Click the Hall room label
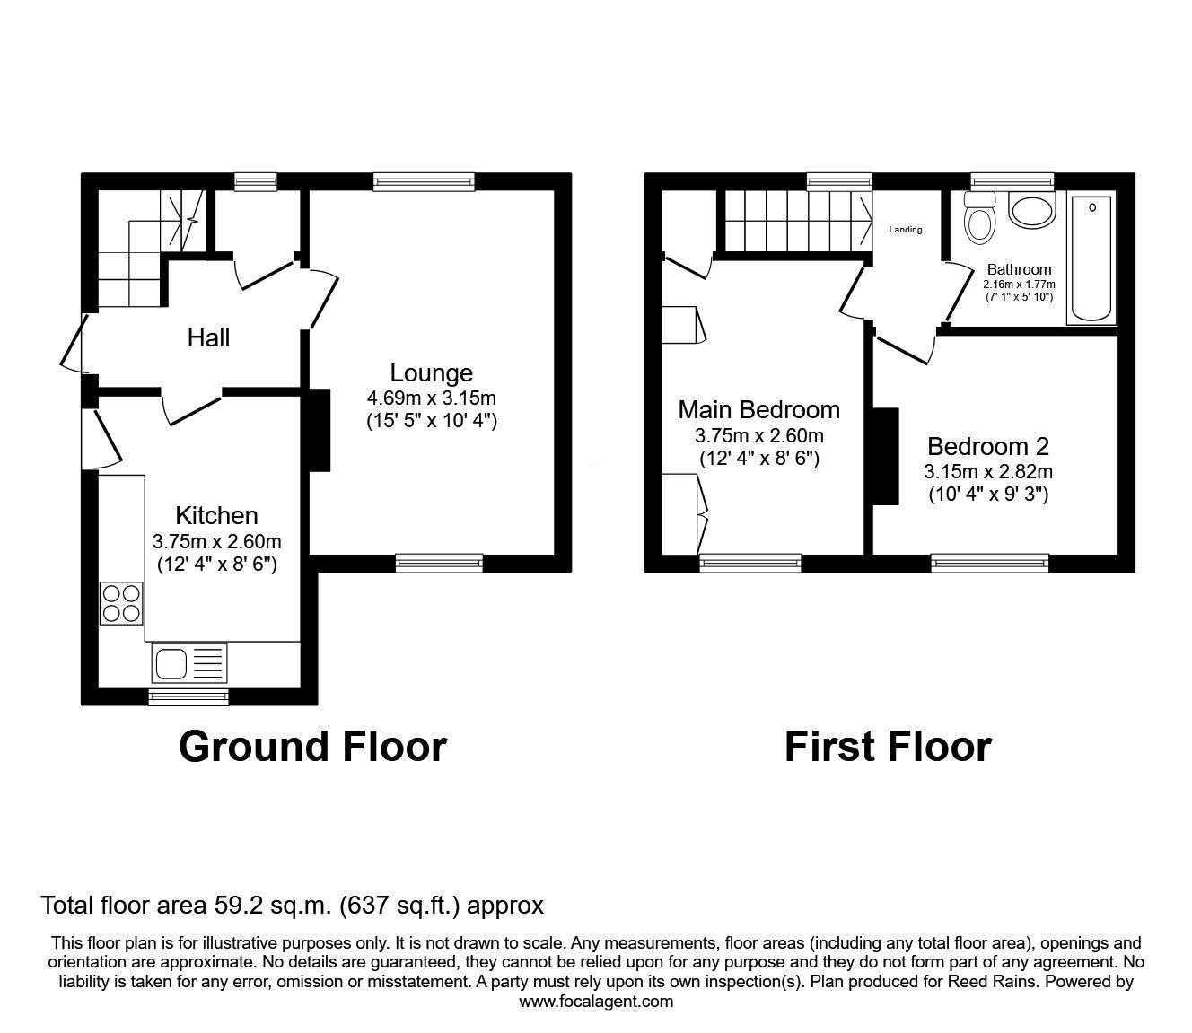click(208, 338)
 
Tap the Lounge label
click(432, 372)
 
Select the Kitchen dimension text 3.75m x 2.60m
click(217, 541)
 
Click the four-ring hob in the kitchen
click(121, 603)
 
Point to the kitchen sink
click(189, 663)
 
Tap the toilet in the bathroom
click(979, 218)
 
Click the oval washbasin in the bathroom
click(1031, 210)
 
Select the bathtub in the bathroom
click(1091, 258)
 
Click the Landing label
click(906, 230)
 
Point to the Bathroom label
click(1019, 269)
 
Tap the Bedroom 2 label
click(988, 446)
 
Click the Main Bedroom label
click(758, 410)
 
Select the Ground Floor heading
click(313, 747)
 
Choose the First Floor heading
click(888, 747)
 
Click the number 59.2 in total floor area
click(234, 905)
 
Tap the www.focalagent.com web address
click(596, 1002)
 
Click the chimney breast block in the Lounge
click(320, 430)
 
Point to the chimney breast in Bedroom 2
click(886, 456)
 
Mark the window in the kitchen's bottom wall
click(188, 696)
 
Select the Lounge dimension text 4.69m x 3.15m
click(432, 398)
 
